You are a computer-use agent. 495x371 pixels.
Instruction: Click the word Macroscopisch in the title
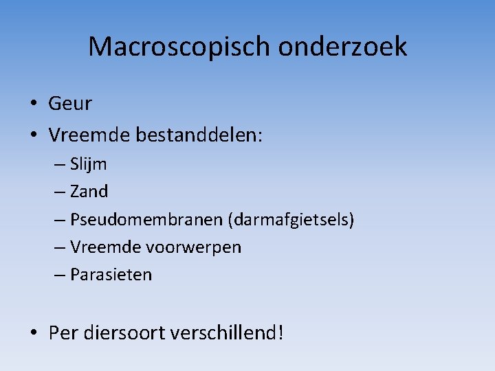click(180, 47)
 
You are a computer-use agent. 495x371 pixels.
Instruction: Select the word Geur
click(70, 104)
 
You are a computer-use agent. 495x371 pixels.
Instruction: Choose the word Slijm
click(89, 165)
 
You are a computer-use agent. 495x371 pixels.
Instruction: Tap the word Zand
click(89, 192)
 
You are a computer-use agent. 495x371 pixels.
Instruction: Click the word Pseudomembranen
click(146, 220)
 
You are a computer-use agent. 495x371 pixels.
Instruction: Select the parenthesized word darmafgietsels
click(291, 220)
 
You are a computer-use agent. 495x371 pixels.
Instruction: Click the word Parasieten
click(111, 275)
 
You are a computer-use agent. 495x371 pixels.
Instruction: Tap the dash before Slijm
click(59, 165)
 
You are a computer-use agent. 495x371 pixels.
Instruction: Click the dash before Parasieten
click(59, 275)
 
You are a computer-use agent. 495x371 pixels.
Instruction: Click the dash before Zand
click(59, 192)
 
